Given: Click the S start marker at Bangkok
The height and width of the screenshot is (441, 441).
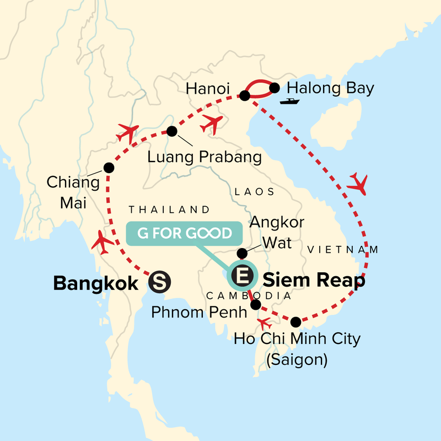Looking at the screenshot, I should [160, 283].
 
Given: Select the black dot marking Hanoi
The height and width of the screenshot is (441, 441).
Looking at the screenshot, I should [245, 96].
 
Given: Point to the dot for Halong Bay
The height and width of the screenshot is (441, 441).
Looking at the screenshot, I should [275, 87].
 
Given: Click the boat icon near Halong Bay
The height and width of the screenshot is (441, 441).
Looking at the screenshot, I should [289, 101].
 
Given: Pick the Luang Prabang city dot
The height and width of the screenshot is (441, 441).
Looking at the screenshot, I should [172, 131].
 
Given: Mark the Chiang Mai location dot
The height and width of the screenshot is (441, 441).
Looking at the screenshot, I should [109, 168].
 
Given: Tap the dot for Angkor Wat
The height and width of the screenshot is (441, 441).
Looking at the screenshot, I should [241, 253].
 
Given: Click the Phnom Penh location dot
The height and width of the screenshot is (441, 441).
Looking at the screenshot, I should [255, 304].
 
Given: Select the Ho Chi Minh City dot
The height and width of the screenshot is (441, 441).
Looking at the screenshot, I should [296, 322].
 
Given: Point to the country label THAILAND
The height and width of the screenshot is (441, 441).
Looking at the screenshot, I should [169, 209].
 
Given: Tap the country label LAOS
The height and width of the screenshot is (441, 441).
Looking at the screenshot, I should [254, 192].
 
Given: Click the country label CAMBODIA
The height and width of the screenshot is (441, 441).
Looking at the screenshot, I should [248, 296].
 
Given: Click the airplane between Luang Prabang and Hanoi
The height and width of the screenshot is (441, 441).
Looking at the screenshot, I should [212, 124].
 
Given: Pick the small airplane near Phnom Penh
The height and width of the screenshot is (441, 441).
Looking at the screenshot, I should [265, 322].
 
